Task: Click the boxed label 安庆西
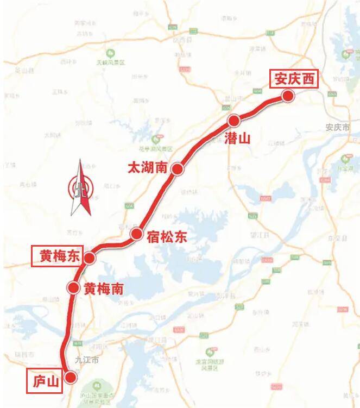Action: click(x=294, y=79)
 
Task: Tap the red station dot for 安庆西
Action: click(x=288, y=96)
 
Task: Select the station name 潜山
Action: click(x=237, y=138)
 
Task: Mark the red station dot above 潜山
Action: click(x=234, y=120)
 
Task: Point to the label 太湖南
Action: click(x=147, y=167)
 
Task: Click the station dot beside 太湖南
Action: click(x=177, y=170)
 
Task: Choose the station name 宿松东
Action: click(x=167, y=236)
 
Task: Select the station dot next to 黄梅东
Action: click(x=90, y=258)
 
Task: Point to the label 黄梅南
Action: click(x=103, y=289)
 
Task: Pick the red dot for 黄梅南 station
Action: click(x=73, y=287)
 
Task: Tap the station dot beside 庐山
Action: click(x=70, y=377)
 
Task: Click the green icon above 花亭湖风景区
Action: click(x=157, y=139)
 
